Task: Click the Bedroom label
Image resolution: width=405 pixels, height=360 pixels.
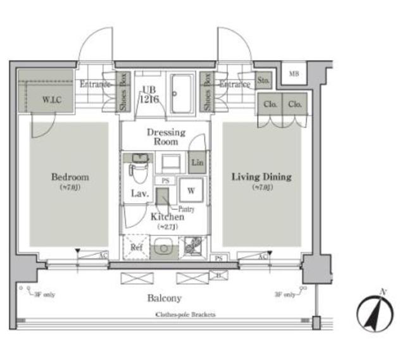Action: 70,177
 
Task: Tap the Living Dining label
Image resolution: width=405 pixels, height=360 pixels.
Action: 261,177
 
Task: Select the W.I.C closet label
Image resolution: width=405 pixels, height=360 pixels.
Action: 53,99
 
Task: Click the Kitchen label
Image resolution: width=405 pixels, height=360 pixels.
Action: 167,217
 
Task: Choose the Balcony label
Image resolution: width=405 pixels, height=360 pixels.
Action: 166,298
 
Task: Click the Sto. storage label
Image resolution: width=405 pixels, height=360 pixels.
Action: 263,82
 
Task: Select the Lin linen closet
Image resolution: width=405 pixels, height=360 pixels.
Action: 197,162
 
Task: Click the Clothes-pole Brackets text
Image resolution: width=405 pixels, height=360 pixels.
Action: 185,314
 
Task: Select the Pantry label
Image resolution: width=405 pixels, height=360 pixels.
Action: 185,209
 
